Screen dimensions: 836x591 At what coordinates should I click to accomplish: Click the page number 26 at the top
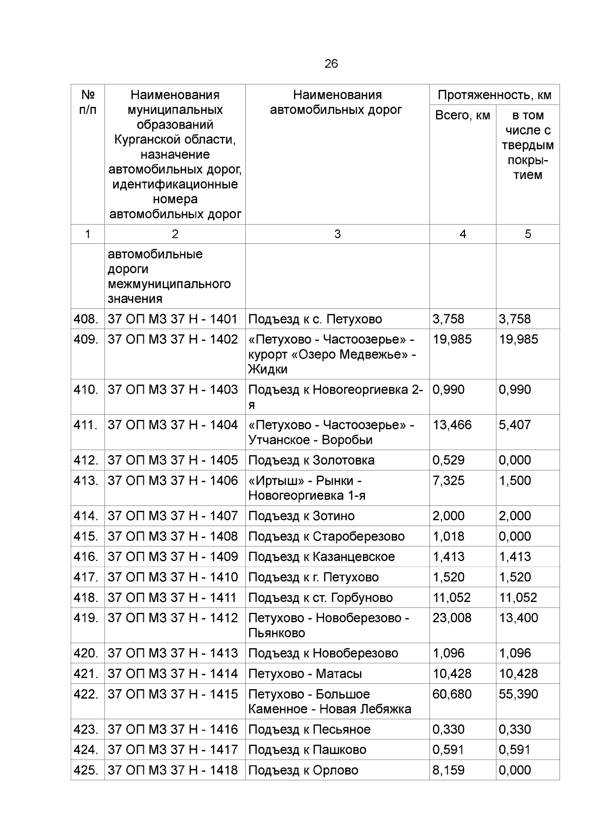click(x=331, y=64)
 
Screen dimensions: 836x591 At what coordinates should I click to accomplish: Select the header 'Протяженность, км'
click(x=494, y=95)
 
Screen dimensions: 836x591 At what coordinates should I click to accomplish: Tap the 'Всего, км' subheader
click(x=462, y=116)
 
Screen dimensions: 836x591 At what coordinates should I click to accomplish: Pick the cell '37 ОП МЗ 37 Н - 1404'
click(x=173, y=425)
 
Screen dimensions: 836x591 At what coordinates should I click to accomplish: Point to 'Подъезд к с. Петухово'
click(x=315, y=319)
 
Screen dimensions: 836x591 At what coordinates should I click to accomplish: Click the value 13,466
click(x=452, y=425)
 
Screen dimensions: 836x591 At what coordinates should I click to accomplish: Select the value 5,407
click(x=515, y=425)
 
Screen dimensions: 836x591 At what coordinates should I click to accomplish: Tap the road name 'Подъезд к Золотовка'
click(x=311, y=460)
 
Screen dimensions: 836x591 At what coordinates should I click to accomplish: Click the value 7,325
click(x=448, y=480)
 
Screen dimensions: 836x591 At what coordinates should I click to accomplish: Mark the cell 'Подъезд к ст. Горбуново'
click(x=321, y=598)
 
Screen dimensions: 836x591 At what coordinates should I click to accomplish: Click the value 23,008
click(x=452, y=618)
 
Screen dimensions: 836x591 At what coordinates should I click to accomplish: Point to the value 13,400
click(x=518, y=618)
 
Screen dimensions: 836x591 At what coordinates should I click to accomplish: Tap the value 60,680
click(x=452, y=694)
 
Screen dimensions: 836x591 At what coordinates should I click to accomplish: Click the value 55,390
click(x=518, y=694)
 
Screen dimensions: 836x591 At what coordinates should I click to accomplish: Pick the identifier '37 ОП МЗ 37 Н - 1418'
click(x=173, y=770)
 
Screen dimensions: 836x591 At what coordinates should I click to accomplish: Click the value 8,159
click(x=448, y=770)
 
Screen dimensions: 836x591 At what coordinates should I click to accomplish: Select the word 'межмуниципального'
click(x=169, y=284)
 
